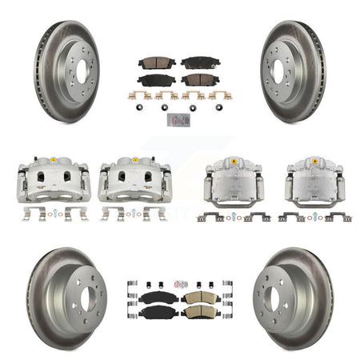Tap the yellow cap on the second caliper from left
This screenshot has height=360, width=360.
coord(133,160)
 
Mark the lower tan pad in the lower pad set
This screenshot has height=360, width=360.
coord(197,311)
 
